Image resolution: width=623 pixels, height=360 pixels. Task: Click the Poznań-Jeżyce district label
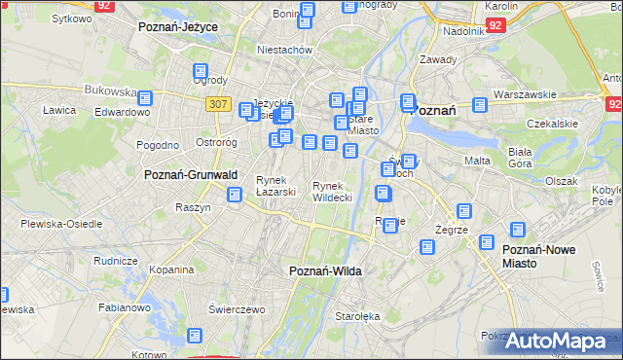(x=177, y=27)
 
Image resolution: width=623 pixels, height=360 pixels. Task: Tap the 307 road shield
(x=219, y=104)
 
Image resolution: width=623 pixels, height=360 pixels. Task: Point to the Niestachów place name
(x=283, y=49)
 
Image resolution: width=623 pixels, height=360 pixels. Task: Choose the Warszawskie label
(x=524, y=94)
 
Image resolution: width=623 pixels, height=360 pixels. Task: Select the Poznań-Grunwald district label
(x=191, y=174)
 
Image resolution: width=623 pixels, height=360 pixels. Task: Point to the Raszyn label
(x=193, y=207)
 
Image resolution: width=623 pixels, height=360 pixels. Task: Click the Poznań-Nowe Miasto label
(x=538, y=256)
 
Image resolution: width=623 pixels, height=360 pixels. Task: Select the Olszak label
(x=562, y=181)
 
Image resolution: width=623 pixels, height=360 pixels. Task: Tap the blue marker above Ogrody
(x=202, y=72)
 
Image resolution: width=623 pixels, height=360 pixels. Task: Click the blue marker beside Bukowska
(x=145, y=98)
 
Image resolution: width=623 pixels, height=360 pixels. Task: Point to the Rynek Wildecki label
(x=331, y=191)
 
